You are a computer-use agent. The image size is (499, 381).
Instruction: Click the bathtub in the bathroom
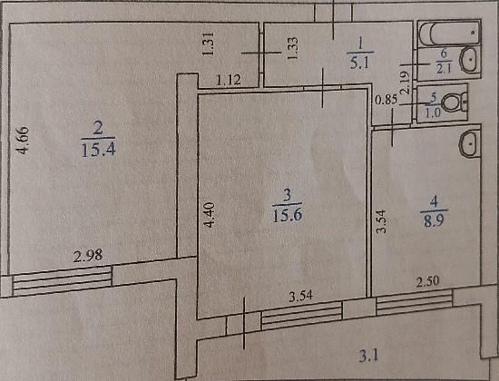[x=449, y=33]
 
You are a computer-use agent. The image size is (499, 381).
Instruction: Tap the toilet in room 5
[x=455, y=103]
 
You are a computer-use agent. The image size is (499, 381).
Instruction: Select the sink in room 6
[x=470, y=60]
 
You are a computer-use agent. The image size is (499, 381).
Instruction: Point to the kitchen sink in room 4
[x=469, y=144]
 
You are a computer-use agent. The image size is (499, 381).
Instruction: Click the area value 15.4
[x=98, y=149]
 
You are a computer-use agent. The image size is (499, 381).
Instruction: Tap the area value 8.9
[x=434, y=220]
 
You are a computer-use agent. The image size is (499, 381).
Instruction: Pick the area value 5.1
[x=359, y=63]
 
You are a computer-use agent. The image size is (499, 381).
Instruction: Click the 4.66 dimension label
[x=23, y=140]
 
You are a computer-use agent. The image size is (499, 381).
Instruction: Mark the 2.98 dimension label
[x=88, y=256]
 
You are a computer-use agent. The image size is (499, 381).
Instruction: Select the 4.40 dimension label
[x=210, y=215]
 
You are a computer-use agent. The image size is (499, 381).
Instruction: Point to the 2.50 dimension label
[x=427, y=282]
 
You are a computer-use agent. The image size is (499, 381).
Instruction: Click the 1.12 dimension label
[x=229, y=80]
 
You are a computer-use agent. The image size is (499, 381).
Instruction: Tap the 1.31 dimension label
[x=208, y=44]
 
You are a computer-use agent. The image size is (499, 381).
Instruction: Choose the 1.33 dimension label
[x=292, y=48]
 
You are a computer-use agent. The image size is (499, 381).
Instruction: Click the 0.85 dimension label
[x=386, y=101]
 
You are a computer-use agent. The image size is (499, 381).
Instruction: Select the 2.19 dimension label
[x=406, y=83]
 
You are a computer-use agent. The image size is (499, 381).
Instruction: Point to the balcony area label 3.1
[x=369, y=356]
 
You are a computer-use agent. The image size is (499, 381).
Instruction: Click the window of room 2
[x=62, y=281]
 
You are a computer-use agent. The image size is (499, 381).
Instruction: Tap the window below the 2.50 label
[x=414, y=304]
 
